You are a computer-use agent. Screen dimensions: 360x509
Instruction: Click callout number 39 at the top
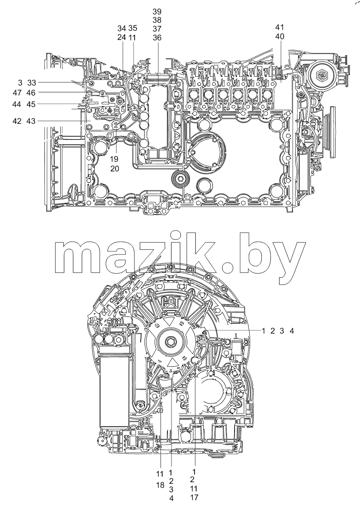click(x=157, y=12)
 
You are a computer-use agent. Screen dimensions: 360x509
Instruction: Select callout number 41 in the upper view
click(x=280, y=27)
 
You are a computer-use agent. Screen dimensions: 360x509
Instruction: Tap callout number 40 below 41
click(x=280, y=36)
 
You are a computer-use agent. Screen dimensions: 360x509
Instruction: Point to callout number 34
click(x=122, y=28)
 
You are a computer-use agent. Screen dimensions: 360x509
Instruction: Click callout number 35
click(x=133, y=28)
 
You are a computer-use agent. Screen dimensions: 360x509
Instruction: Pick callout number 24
click(x=122, y=37)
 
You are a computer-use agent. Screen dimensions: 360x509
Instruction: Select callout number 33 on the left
click(x=32, y=83)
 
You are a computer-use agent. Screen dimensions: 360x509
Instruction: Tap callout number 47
click(x=18, y=93)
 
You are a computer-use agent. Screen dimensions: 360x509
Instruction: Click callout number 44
click(x=17, y=105)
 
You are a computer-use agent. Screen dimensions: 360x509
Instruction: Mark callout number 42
click(x=17, y=121)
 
